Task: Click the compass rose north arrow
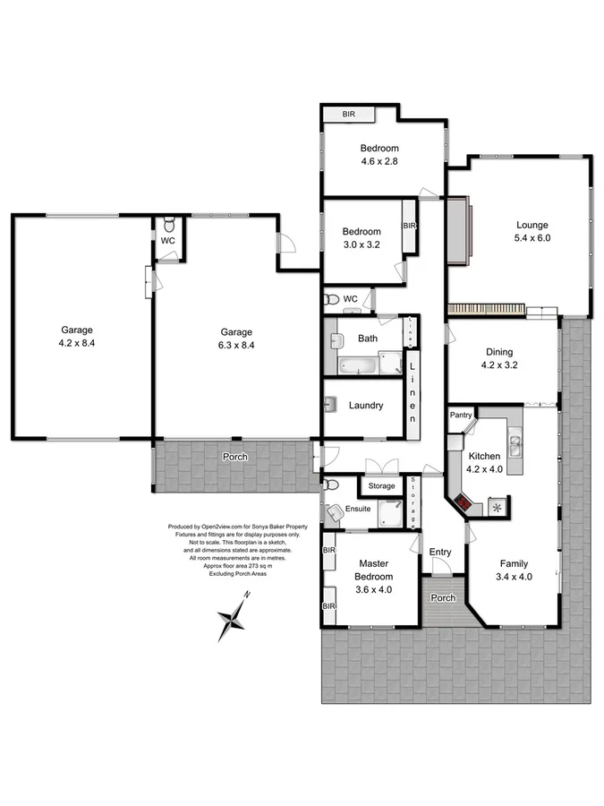[x=234, y=617]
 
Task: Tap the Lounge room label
[x=532, y=225]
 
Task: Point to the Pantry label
[x=461, y=415]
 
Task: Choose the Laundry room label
[x=366, y=406]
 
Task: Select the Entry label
[x=440, y=552]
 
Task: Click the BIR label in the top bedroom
[x=349, y=115]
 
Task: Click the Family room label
[x=514, y=564]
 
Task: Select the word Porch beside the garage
[x=235, y=457]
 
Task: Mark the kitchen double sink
[x=516, y=439]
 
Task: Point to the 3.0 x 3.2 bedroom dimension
[x=362, y=244]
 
